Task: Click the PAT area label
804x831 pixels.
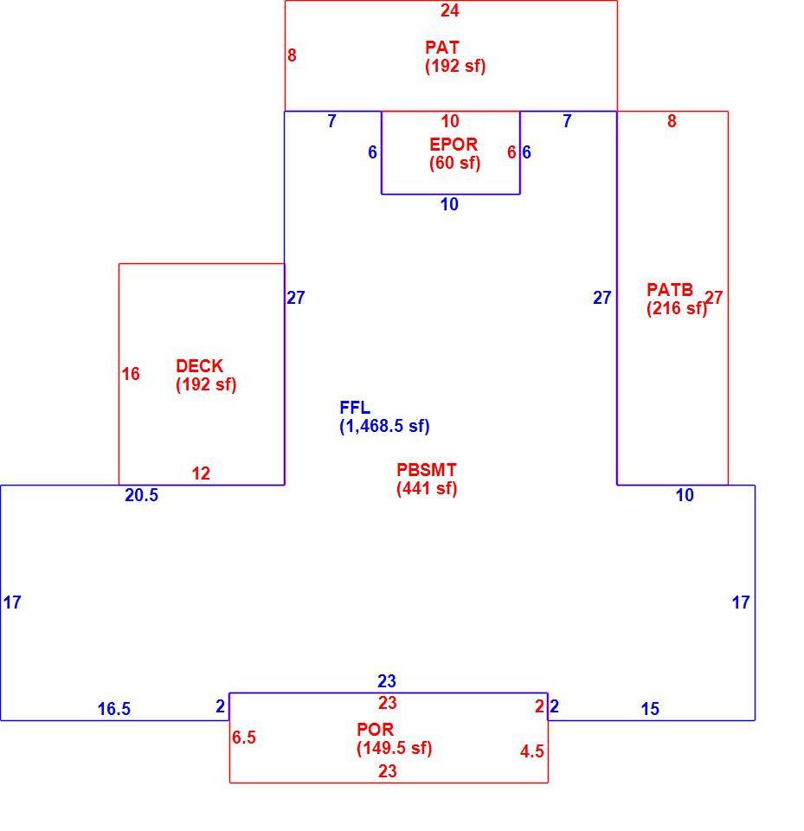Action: tap(441, 48)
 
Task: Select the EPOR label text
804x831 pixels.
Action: tap(453, 145)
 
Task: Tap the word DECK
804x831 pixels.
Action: tap(199, 365)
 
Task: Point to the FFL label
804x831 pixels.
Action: tap(355, 408)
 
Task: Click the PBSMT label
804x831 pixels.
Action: tap(426, 469)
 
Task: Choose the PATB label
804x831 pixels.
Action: tap(669, 290)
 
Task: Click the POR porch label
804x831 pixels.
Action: tap(375, 730)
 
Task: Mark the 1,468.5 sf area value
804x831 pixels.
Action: tap(384, 426)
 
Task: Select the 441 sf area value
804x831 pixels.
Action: tap(427, 488)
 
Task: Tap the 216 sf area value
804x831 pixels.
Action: tap(677, 308)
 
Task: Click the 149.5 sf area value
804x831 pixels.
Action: tap(395, 748)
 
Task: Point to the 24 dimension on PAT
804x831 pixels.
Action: tap(449, 10)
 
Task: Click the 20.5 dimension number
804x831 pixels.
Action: tap(142, 495)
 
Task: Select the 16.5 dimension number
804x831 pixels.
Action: tap(114, 709)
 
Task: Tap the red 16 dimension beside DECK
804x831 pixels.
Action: tap(131, 374)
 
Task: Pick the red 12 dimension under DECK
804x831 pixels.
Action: tap(201, 473)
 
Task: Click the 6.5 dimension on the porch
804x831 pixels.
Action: tap(244, 738)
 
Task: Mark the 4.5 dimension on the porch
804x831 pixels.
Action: tap(532, 751)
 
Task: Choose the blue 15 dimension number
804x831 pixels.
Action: tap(650, 709)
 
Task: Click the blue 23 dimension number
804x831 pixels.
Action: tap(387, 681)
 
